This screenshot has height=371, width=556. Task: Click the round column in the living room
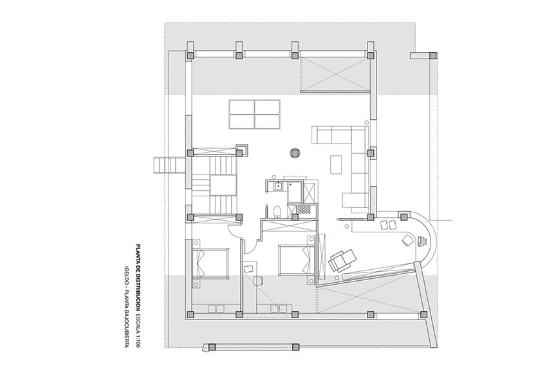pos(295,153)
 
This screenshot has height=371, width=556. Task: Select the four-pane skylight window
pos(254,114)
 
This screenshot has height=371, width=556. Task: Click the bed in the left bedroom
pos(211,264)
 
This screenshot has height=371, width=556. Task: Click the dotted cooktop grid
pos(303,209)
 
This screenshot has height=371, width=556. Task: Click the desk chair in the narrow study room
pos(259,280)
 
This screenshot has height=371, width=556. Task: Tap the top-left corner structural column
pos(190,56)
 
